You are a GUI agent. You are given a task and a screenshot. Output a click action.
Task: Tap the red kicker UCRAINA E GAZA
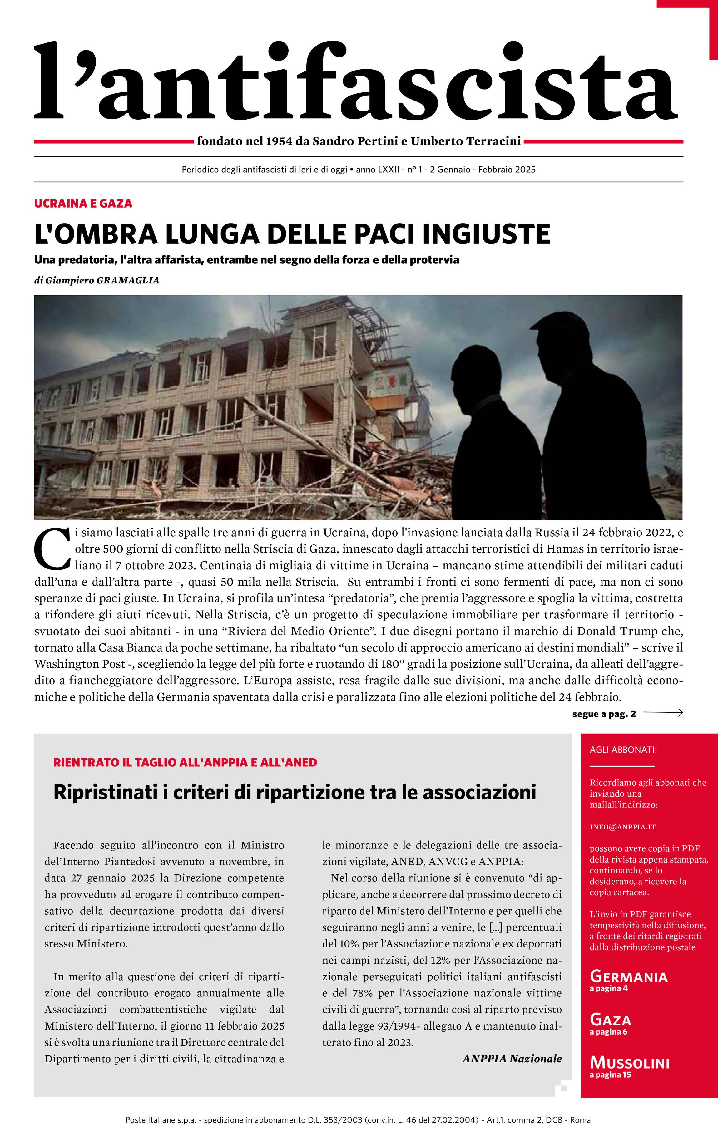pyautogui.click(x=83, y=204)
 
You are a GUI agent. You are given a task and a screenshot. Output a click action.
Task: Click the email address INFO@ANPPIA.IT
pyautogui.click(x=622, y=827)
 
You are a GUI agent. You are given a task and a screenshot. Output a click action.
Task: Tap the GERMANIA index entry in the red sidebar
pyautogui.click(x=628, y=976)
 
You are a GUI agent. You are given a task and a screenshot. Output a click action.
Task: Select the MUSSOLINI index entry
pyautogui.click(x=629, y=1063)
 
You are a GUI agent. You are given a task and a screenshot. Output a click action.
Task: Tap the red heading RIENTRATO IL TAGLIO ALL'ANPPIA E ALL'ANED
pyautogui.click(x=185, y=763)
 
